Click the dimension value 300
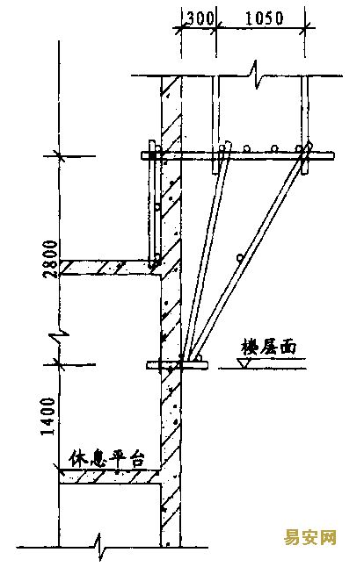click(x=200, y=18)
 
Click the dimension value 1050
click(x=264, y=18)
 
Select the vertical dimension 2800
click(x=50, y=259)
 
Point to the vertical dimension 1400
click(x=48, y=416)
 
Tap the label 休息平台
click(x=106, y=459)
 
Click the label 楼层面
click(x=269, y=348)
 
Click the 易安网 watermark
click(x=309, y=537)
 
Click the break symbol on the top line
click(x=254, y=75)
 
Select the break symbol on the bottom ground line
click(x=99, y=548)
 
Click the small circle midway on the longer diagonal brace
click(x=240, y=258)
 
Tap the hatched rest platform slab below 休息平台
click(x=110, y=477)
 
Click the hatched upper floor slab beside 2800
click(x=110, y=268)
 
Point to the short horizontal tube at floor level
click(x=177, y=365)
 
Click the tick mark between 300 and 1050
click(x=216, y=27)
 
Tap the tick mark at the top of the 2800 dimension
click(x=59, y=156)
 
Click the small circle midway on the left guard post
click(x=157, y=207)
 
